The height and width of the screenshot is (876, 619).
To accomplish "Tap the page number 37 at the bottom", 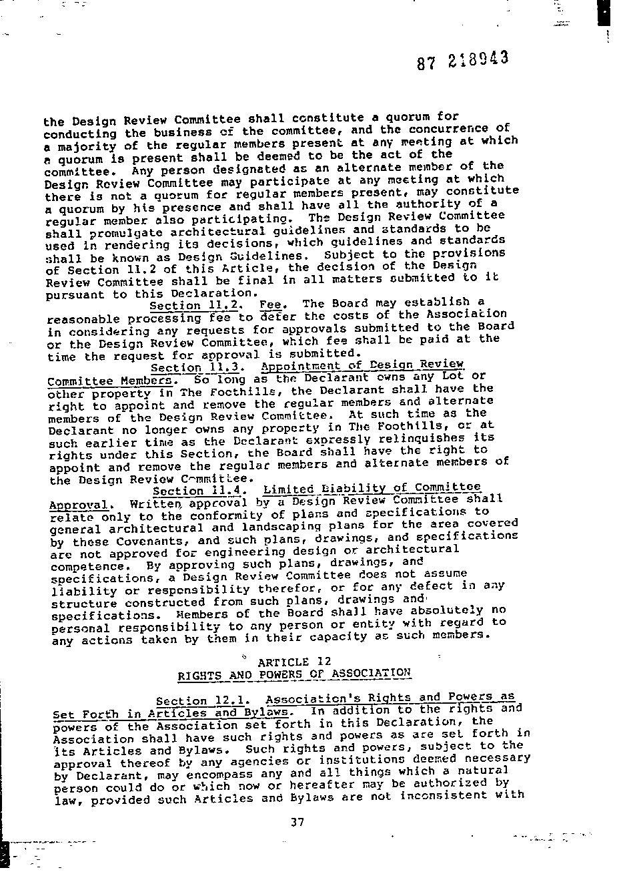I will click(x=297, y=822).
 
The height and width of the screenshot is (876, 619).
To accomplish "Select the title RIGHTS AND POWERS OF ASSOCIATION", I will click(x=294, y=674).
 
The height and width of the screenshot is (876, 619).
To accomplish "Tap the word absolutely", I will click(x=447, y=611).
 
